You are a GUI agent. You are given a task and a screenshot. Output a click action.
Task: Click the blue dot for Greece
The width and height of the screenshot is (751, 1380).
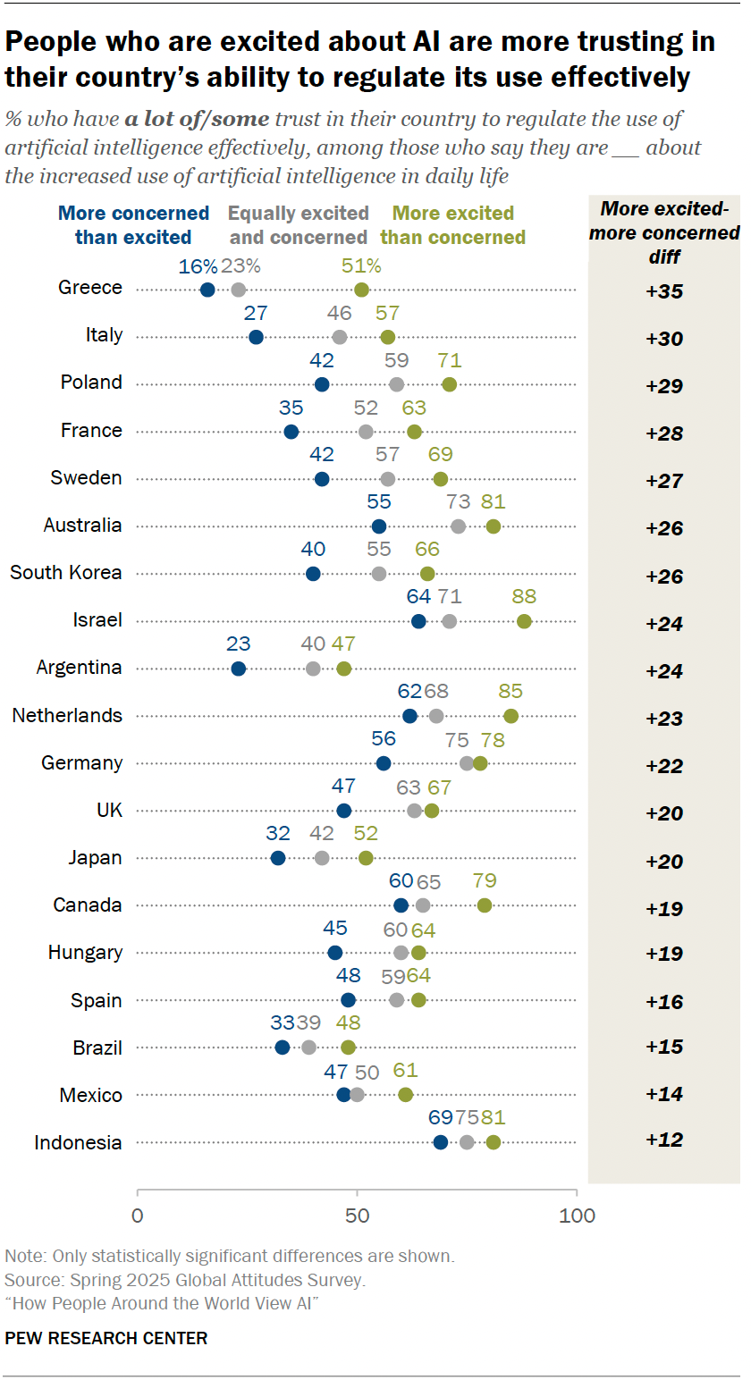click(x=207, y=289)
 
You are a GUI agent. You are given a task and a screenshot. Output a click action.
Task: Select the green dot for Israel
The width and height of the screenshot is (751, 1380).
click(x=524, y=621)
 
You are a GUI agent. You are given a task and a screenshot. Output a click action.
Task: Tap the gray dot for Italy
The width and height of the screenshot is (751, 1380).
click(x=340, y=337)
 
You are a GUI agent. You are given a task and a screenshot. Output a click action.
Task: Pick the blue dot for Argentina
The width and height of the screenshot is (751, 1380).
click(x=238, y=669)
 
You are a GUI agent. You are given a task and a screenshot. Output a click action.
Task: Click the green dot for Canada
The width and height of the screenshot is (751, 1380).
click(x=485, y=905)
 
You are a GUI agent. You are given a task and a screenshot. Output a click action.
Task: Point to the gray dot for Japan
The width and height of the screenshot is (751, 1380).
click(x=322, y=858)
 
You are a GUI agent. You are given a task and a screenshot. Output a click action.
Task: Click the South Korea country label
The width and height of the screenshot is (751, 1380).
click(x=66, y=573)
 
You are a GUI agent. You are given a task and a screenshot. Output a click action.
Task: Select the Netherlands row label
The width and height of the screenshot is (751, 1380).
click(x=67, y=715)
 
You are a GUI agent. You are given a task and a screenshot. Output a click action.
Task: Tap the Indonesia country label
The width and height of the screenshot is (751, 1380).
click(x=78, y=1142)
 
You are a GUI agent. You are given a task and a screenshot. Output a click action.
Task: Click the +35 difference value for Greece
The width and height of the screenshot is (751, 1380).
click(x=664, y=290)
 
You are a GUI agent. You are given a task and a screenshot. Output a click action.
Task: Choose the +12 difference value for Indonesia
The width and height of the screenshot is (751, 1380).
click(x=664, y=1140)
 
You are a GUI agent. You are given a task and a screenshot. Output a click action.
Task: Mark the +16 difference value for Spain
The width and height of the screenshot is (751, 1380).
click(x=664, y=1001)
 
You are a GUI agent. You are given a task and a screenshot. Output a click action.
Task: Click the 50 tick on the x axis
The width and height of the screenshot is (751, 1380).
click(x=357, y=1216)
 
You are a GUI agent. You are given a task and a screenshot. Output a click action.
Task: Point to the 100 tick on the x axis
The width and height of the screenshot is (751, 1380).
click(x=577, y=1216)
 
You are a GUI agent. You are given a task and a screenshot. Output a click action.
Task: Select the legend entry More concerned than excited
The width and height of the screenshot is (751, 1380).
click(x=133, y=225)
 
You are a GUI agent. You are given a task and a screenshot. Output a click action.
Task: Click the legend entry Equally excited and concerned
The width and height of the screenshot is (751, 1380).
click(x=299, y=225)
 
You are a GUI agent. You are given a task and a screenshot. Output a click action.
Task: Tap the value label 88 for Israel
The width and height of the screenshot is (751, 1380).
click(x=524, y=597)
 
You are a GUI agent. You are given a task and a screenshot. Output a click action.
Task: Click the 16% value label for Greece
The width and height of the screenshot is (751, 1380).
click(x=198, y=265)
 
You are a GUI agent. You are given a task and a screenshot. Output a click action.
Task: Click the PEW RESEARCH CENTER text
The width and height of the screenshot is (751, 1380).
click(x=106, y=1338)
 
